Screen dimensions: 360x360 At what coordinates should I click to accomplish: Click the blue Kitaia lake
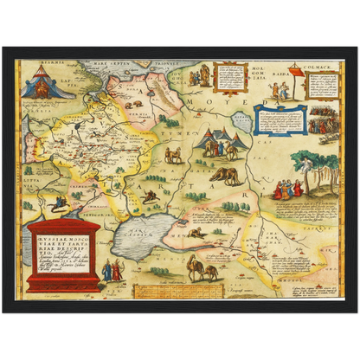pos(242,121)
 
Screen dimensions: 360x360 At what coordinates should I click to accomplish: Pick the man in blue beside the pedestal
pos(107,271)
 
